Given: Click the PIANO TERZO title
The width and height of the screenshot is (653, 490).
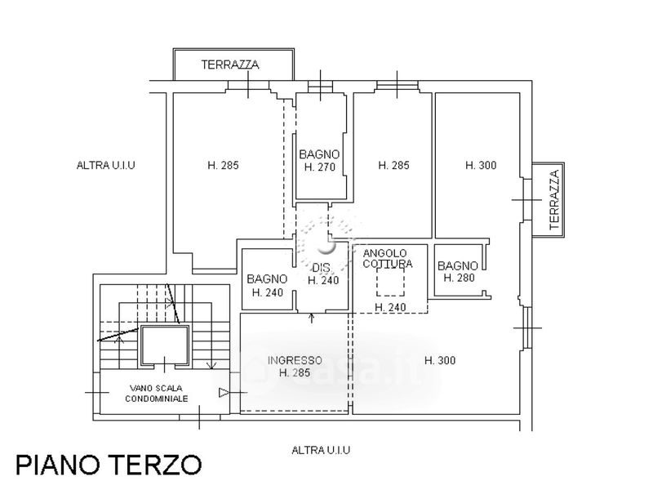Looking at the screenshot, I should [109, 464].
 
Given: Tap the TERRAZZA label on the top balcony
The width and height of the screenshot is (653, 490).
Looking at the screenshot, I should [231, 65].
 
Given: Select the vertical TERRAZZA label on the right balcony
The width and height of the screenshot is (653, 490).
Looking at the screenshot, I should [555, 200].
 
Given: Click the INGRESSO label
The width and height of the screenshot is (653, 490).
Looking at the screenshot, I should [295, 360].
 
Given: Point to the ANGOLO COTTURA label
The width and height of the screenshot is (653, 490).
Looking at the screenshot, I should [388, 258].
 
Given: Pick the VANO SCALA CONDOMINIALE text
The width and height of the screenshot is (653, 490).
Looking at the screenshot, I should [158, 394].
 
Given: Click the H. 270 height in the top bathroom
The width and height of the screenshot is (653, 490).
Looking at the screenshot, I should [320, 167].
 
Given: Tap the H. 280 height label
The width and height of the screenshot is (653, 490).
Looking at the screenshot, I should [459, 278].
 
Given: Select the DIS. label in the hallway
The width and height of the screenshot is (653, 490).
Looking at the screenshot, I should [322, 268].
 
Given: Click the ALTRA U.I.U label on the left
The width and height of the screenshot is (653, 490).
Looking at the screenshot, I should [105, 165].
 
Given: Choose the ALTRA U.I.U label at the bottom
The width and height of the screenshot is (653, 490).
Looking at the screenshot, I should [322, 450].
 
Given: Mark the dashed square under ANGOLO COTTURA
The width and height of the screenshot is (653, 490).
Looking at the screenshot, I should [389, 282].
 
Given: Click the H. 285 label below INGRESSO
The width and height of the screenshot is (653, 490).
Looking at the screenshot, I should [295, 372].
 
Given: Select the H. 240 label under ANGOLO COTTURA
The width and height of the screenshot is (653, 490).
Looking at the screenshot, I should [390, 307].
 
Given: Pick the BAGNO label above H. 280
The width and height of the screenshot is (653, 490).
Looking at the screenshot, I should [457, 265].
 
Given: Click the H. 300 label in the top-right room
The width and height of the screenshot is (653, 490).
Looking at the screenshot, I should [481, 165].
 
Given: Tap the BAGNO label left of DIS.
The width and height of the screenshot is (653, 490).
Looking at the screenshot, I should [267, 279].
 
